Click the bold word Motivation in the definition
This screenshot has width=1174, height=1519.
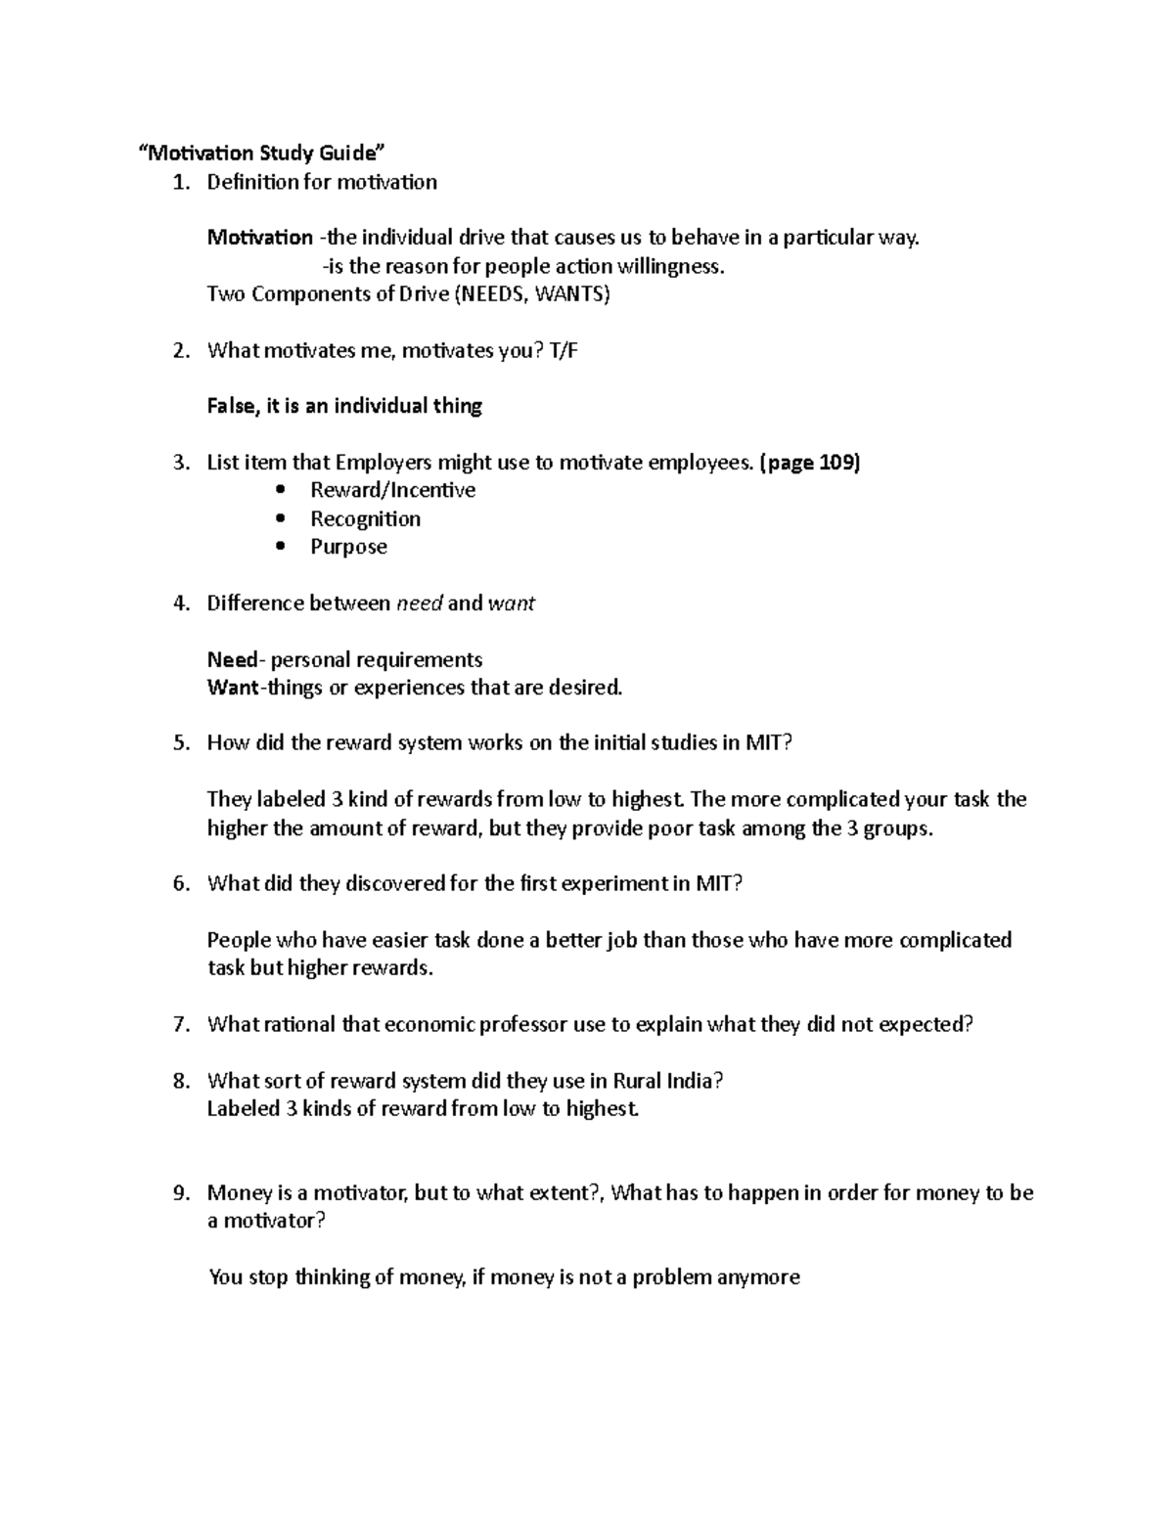click(x=259, y=238)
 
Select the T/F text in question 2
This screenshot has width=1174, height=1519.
click(x=564, y=351)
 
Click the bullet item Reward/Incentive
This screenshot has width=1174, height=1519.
click(x=392, y=490)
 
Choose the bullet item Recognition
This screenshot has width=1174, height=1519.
click(x=365, y=518)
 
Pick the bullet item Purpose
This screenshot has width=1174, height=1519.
click(x=348, y=547)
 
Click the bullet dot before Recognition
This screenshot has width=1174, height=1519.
click(x=282, y=519)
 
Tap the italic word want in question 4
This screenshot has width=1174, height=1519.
click(x=511, y=603)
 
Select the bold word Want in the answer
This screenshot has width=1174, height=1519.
click(x=231, y=688)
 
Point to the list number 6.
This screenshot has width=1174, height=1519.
click(x=180, y=884)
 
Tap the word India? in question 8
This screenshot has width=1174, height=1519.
click(x=696, y=1081)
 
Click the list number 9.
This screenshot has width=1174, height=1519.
click(x=180, y=1193)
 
